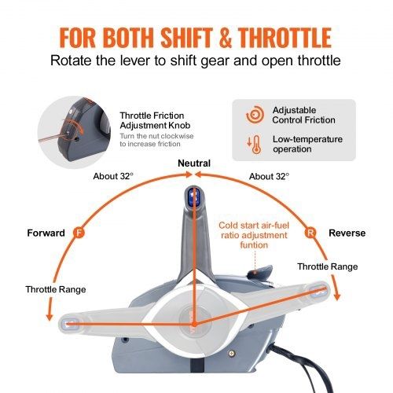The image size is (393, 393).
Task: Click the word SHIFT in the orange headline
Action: point(186,38)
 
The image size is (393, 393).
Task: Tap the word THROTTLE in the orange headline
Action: point(285,38)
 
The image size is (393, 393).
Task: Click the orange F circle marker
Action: point(79,233)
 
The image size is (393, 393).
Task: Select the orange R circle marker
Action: point(310,233)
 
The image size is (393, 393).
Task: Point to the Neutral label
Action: point(194,163)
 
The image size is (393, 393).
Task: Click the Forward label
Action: point(46,233)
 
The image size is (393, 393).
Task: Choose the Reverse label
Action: point(347,233)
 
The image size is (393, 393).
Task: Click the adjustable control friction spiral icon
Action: point(255,115)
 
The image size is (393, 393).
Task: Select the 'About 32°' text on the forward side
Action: point(113,176)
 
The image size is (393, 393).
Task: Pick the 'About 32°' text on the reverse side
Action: point(269,176)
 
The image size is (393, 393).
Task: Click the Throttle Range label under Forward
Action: point(56,289)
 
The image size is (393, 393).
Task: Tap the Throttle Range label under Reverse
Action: point(328,266)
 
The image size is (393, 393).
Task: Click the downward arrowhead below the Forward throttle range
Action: point(50,317)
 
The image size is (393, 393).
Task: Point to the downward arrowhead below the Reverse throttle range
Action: point(337,296)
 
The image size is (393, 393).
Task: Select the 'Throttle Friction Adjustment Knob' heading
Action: point(155,120)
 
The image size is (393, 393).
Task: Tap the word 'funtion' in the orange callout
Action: point(254,245)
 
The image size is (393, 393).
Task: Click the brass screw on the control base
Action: point(231,354)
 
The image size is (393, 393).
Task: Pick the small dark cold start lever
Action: point(259,271)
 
